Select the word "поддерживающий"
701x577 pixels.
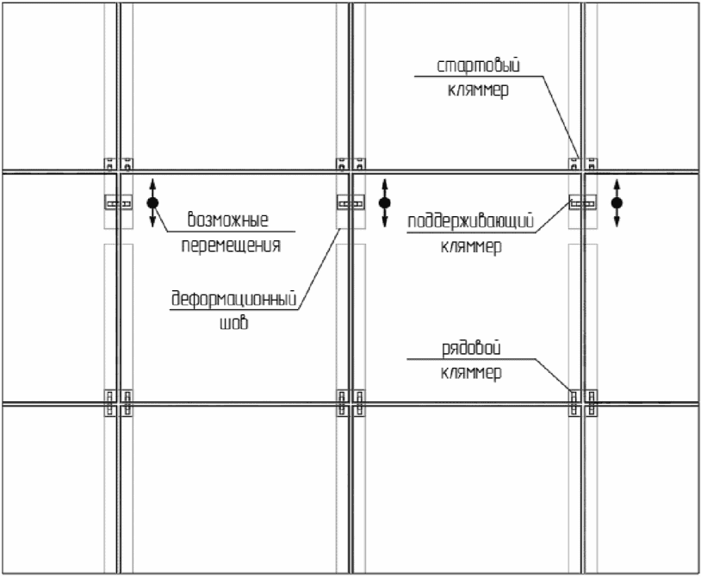point(473,221)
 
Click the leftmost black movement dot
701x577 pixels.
point(152,203)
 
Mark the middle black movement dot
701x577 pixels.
point(384,203)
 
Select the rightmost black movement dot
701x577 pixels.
point(616,203)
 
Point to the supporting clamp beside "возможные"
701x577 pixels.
point(118,203)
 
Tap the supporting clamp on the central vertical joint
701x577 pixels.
point(350,203)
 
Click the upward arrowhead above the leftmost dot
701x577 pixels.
point(152,183)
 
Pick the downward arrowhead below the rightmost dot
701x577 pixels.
point(616,223)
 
